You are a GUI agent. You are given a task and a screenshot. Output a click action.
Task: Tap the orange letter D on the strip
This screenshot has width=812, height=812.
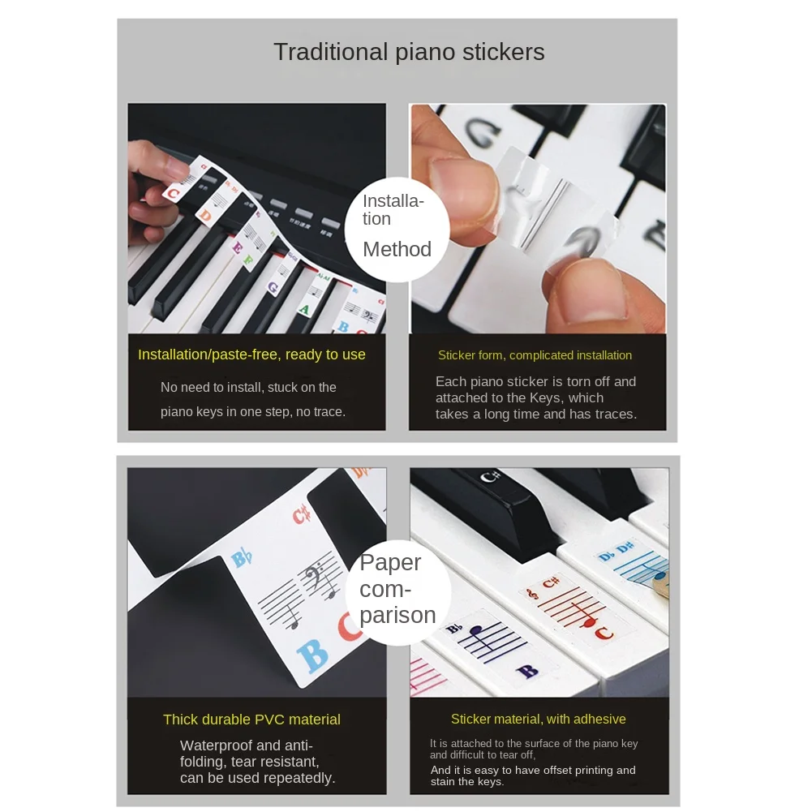206,217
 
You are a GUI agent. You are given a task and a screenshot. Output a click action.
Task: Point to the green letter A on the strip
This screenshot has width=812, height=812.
304,309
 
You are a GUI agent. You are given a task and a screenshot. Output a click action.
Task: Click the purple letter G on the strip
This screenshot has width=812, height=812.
273,286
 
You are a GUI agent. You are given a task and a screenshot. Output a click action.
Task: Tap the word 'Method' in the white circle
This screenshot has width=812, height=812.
397,249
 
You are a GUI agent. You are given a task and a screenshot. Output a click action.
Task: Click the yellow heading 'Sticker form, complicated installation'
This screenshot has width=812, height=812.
535,355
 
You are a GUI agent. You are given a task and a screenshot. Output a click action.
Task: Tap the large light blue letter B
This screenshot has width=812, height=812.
313,655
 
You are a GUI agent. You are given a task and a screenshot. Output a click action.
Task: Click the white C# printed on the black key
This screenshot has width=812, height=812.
487,477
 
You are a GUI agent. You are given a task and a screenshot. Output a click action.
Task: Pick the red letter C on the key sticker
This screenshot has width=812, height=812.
604,633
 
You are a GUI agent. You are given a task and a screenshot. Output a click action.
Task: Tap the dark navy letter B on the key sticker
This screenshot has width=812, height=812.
526,672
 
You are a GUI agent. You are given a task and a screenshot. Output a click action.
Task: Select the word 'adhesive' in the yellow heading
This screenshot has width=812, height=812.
599,720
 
